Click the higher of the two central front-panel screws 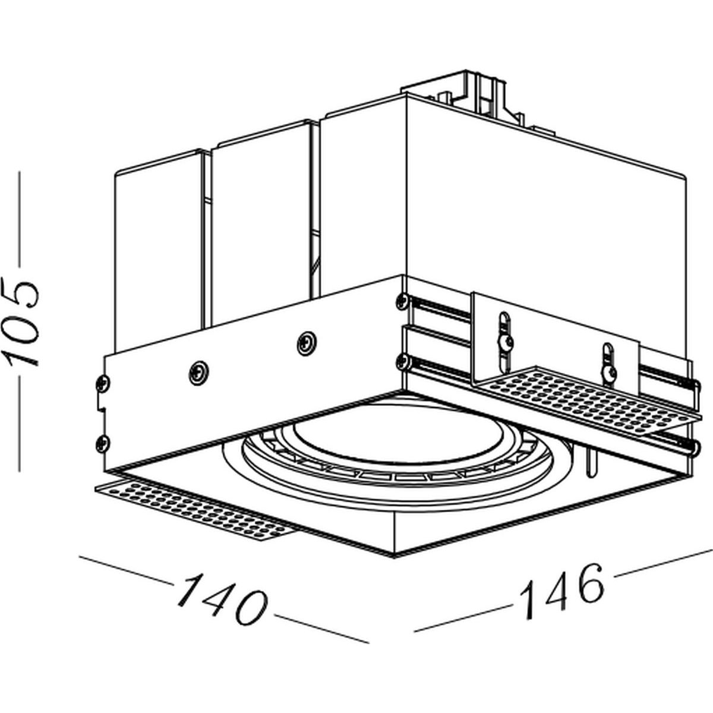click(307, 343)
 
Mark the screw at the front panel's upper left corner click(102, 384)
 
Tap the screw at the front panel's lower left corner click(102, 443)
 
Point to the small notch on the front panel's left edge click(100, 407)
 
